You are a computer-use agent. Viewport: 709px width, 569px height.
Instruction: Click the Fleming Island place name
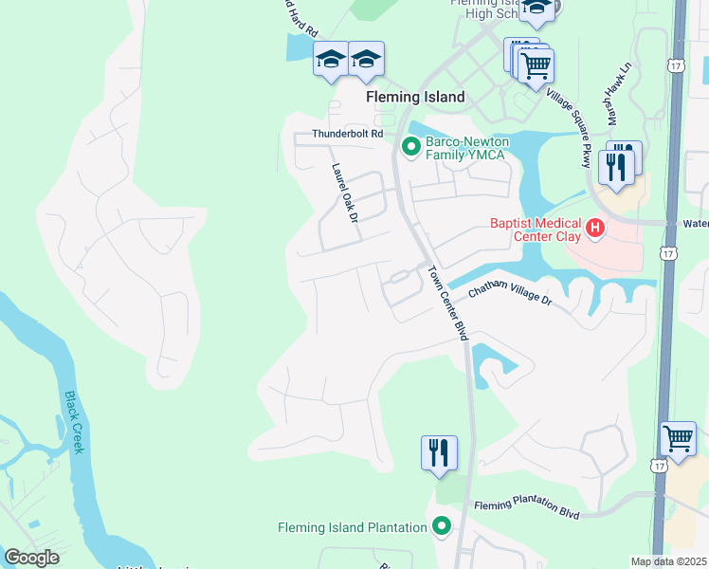coord(416,97)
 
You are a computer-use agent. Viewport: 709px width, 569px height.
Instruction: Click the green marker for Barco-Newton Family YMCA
coord(411,147)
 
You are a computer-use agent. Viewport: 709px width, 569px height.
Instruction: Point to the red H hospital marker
coord(595,228)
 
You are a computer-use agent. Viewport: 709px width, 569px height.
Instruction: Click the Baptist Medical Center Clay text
coord(536,230)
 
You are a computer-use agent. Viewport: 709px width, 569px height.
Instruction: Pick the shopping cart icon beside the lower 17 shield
coord(678,439)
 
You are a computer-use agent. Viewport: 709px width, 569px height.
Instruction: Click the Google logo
coord(31,558)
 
